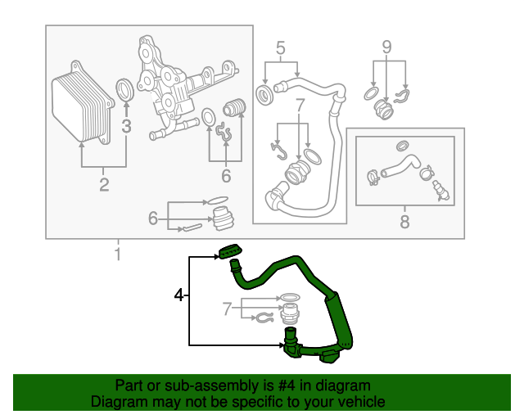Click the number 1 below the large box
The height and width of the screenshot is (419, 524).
(x=117, y=255)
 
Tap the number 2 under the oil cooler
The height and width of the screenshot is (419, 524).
(x=104, y=184)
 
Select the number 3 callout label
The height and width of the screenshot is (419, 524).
(x=126, y=126)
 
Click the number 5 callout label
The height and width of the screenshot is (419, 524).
(x=281, y=49)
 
